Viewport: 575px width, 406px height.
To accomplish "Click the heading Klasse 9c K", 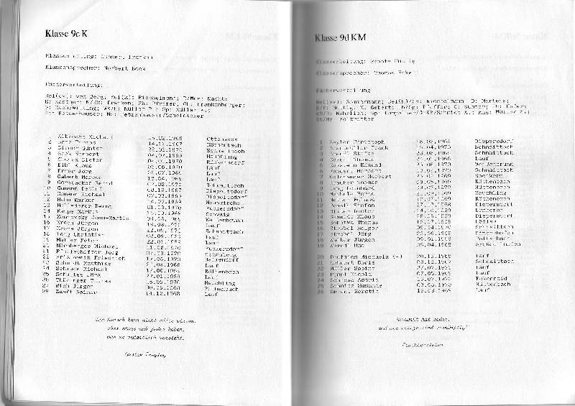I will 65,33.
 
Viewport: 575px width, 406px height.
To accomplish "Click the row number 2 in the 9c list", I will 49,142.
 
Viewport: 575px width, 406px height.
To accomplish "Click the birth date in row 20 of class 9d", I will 433,255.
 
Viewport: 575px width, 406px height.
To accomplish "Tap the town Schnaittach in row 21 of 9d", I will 492,262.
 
